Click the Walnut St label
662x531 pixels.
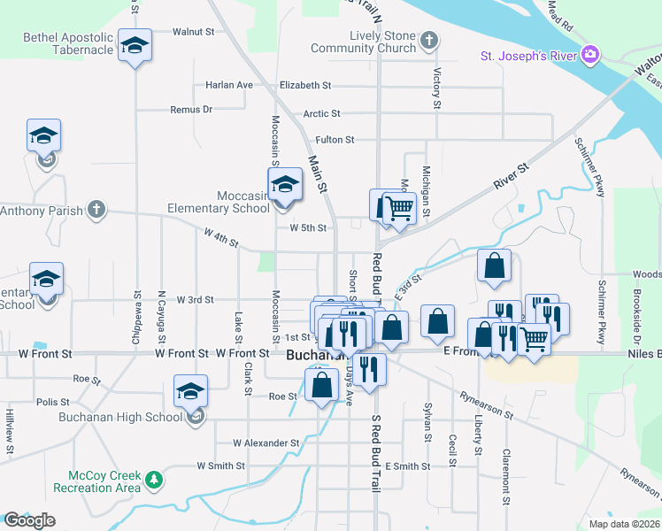[193, 31]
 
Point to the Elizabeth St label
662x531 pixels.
[304, 86]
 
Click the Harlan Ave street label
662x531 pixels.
[229, 86]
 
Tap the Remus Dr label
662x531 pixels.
[191, 110]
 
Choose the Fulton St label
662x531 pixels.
[335, 140]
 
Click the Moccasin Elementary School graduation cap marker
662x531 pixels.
[285, 185]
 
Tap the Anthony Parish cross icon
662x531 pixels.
[96, 211]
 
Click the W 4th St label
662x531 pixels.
[221, 237]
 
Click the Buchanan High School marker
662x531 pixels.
[191, 391]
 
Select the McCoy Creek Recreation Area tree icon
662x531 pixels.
[155, 480]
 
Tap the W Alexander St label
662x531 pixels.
[266, 442]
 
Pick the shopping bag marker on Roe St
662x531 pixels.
[321, 385]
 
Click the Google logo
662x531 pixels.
[29, 519]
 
